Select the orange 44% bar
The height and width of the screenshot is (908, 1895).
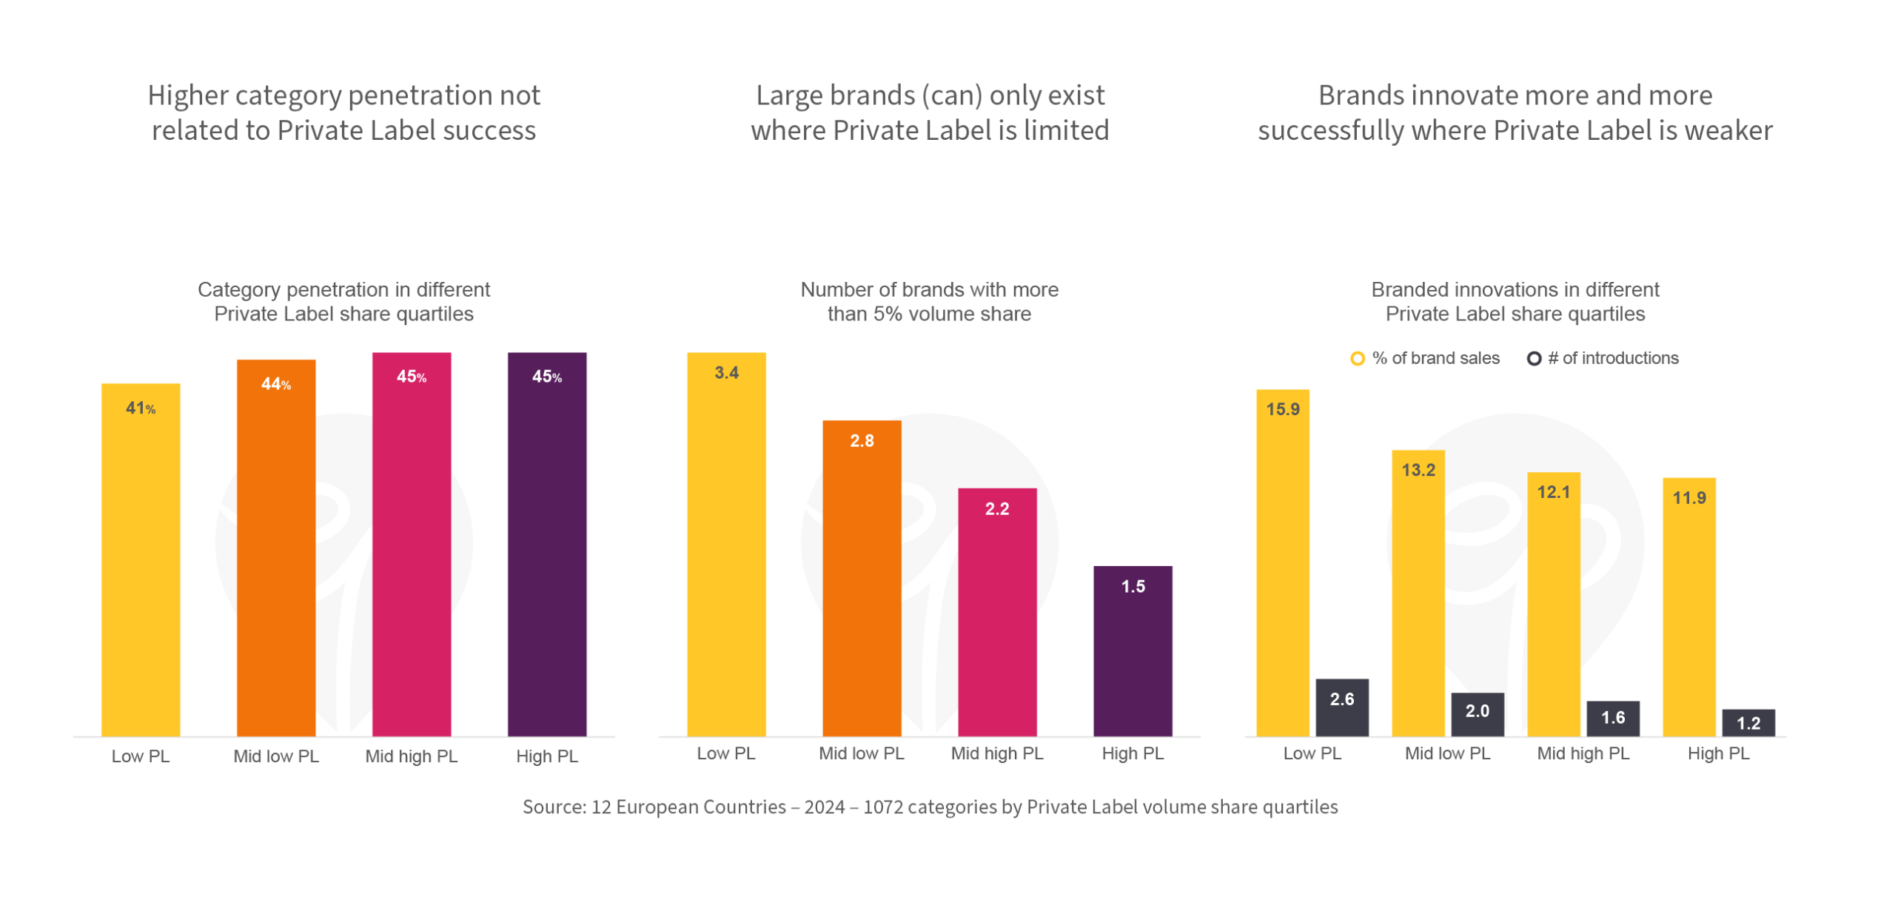click(x=276, y=548)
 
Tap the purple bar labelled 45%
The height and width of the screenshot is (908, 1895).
click(x=547, y=544)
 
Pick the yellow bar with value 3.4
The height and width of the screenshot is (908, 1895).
click(x=726, y=544)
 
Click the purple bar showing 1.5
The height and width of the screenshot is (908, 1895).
click(x=1133, y=651)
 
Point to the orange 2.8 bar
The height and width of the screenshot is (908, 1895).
click(x=862, y=577)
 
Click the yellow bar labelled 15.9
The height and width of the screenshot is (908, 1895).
click(x=1283, y=562)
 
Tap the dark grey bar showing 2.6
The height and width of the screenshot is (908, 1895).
click(x=1342, y=707)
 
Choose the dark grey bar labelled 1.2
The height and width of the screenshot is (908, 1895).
click(x=1748, y=722)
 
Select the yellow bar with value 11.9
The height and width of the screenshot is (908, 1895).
click(x=1689, y=607)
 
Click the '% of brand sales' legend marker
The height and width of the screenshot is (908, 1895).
click(x=1358, y=358)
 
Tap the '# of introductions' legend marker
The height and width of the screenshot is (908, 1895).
click(x=1535, y=358)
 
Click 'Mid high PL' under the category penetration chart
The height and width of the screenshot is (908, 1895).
click(x=412, y=756)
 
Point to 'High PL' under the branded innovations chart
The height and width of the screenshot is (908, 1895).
click(x=1719, y=754)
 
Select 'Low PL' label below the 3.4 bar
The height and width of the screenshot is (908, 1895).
click(x=726, y=754)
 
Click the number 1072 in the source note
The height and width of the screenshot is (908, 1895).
click(x=882, y=807)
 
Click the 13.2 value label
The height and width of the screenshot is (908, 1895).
click(x=1418, y=470)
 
